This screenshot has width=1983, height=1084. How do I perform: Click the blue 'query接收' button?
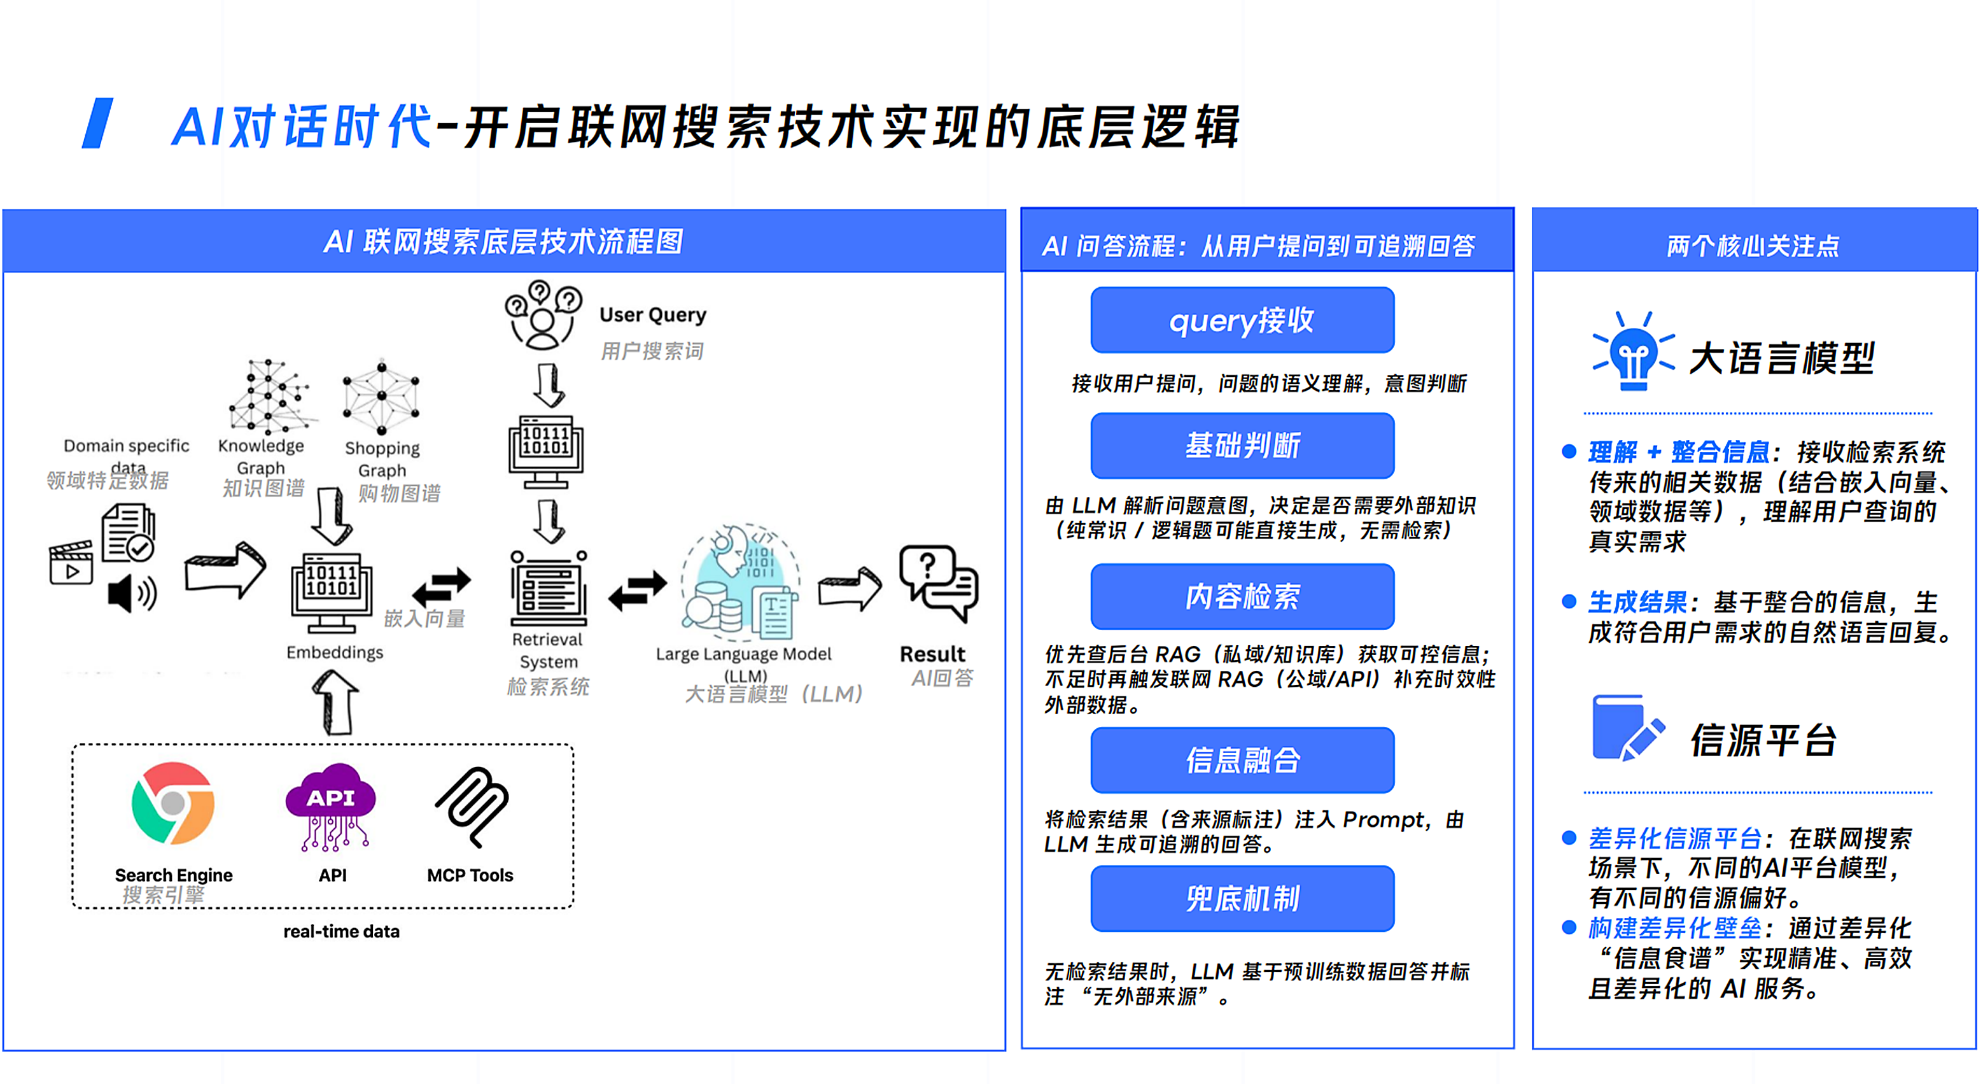tap(1242, 320)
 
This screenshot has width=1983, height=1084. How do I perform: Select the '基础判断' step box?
tap(1242, 445)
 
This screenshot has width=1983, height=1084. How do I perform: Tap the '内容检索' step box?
tap(1242, 596)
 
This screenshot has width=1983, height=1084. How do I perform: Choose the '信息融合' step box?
tap(1242, 760)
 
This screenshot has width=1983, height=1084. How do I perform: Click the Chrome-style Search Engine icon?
tap(173, 803)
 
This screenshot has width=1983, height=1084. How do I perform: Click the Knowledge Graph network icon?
tap(269, 396)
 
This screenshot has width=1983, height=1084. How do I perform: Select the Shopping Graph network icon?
tap(382, 396)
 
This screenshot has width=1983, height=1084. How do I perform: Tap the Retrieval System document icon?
tap(549, 588)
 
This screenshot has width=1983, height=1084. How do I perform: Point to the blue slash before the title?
tap(98, 123)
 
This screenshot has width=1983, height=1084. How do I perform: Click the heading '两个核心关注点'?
tap(1753, 246)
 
